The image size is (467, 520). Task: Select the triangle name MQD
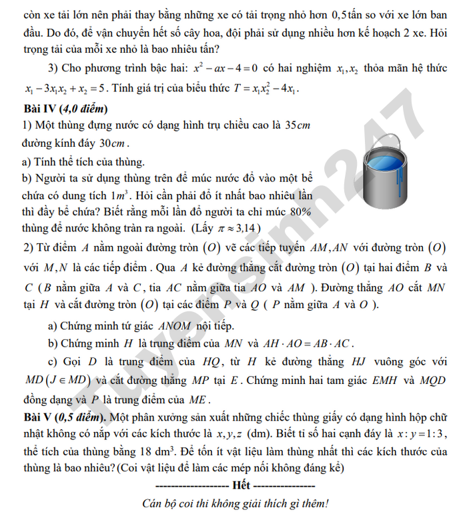click(414, 383)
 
